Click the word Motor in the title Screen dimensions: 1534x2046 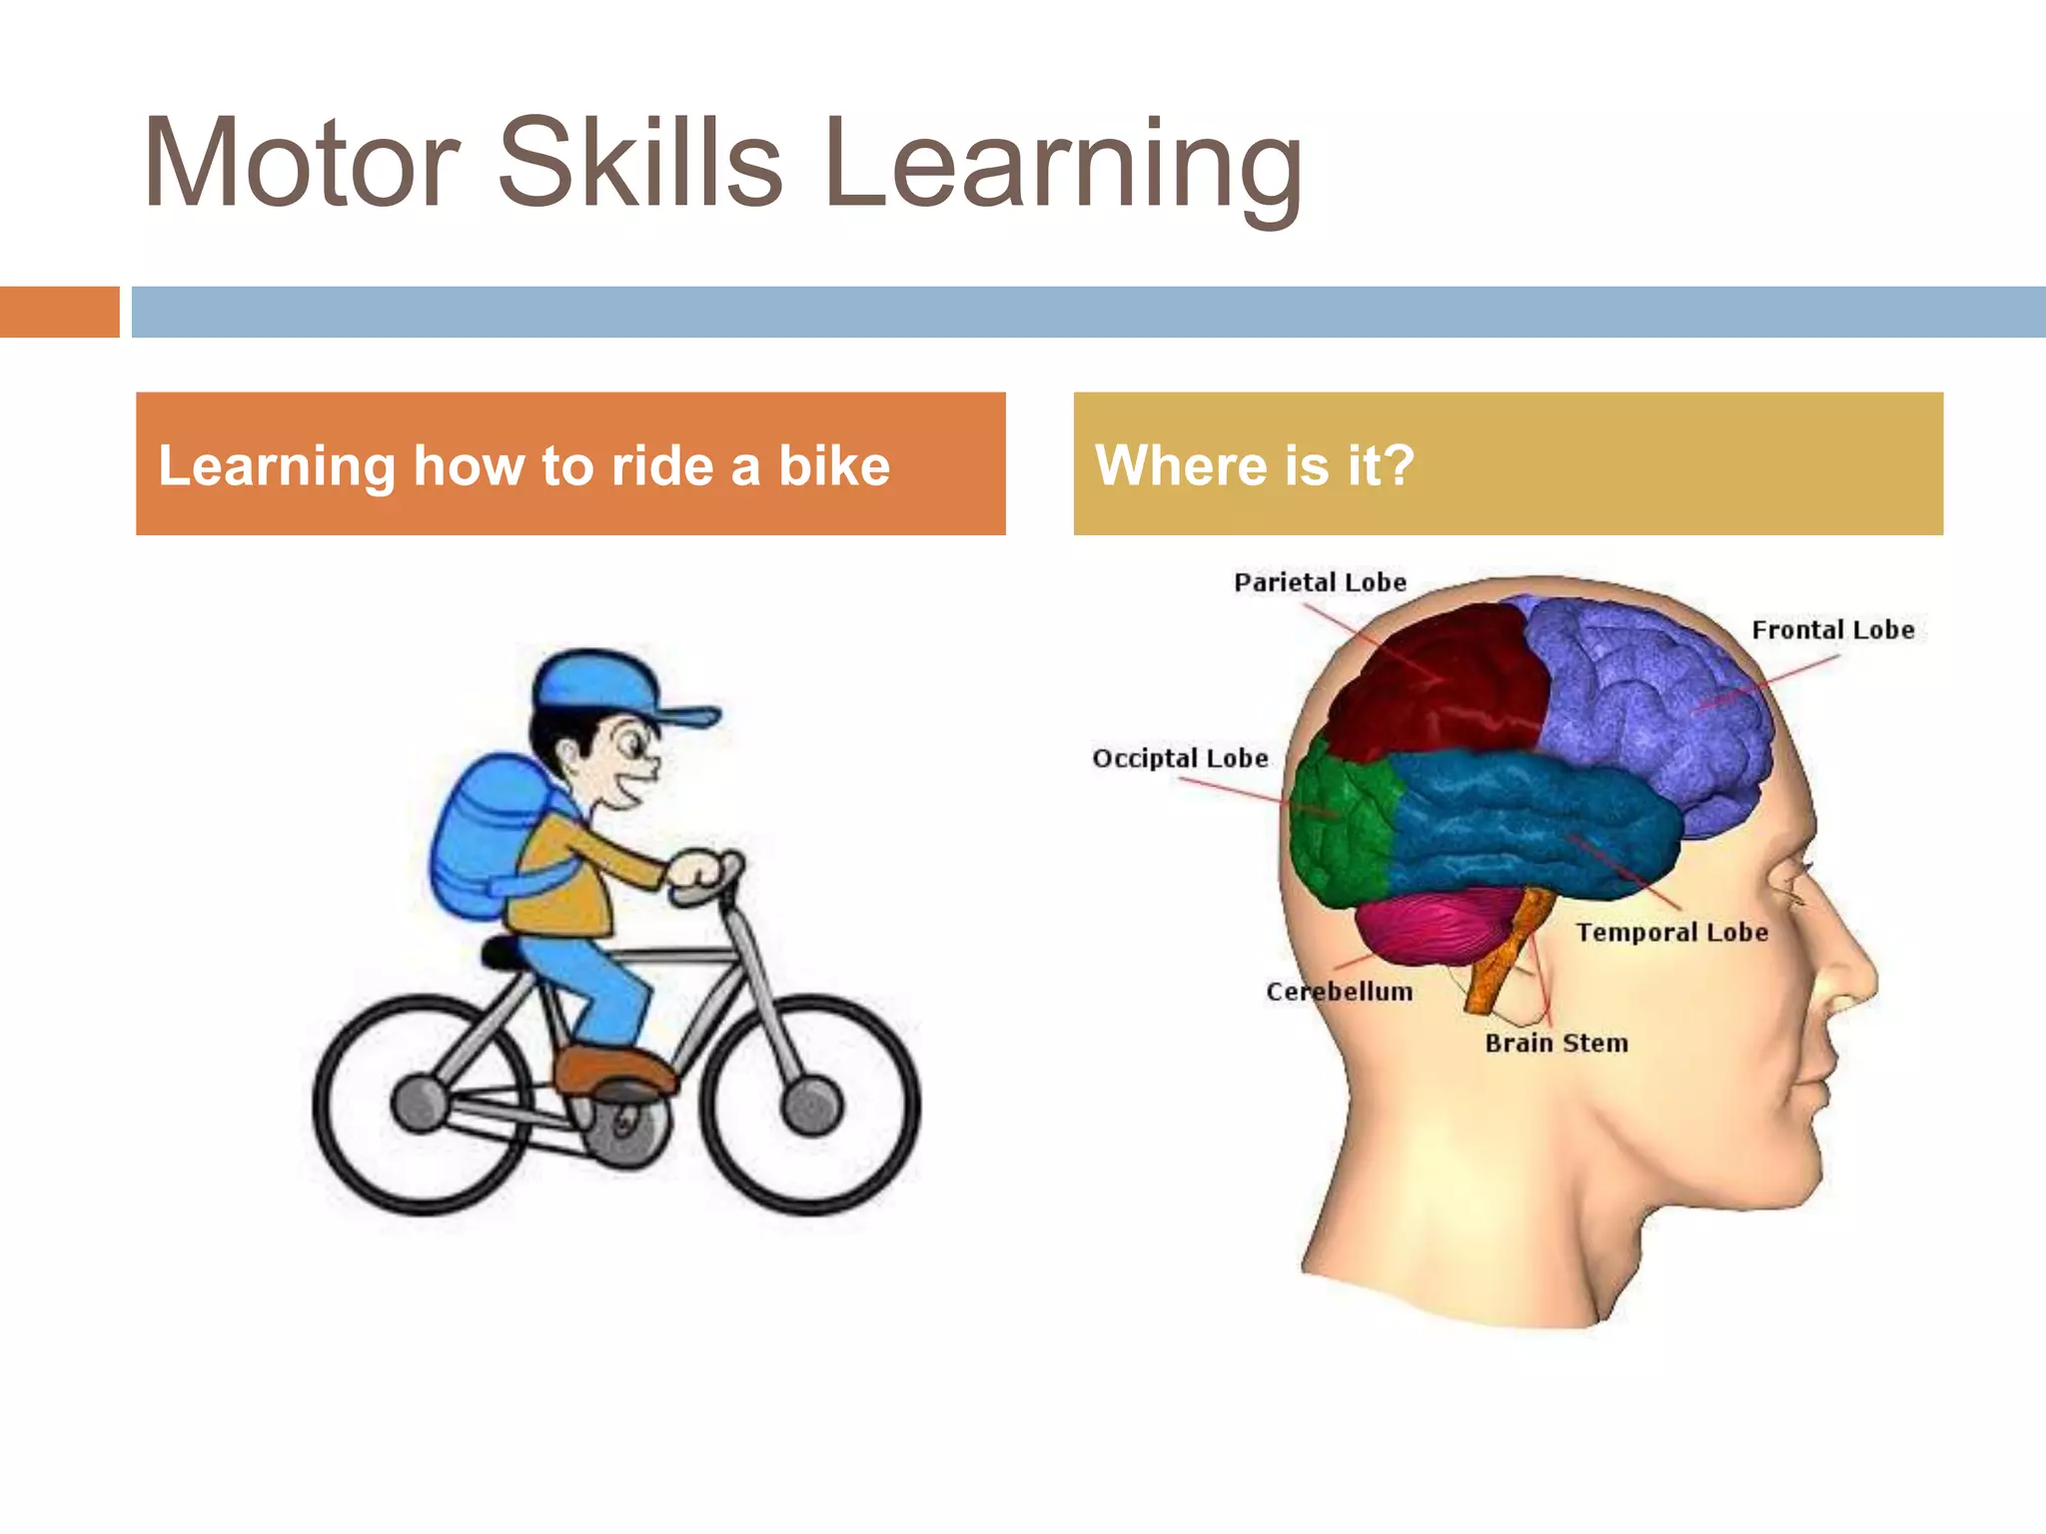coord(301,164)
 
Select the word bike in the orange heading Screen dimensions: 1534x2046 coord(834,465)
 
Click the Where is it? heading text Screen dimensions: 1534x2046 coord(1255,465)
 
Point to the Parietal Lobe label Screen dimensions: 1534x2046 coord(1320,582)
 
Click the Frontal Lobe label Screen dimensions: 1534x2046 coord(1832,630)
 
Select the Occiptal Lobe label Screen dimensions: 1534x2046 coord(1180,758)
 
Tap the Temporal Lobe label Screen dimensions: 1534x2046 coord(1671,933)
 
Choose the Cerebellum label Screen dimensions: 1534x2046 coord(1339,992)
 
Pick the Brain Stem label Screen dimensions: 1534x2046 coord(1555,1044)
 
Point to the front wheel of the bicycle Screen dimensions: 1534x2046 coord(810,1105)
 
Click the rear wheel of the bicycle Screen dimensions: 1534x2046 coord(422,1105)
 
